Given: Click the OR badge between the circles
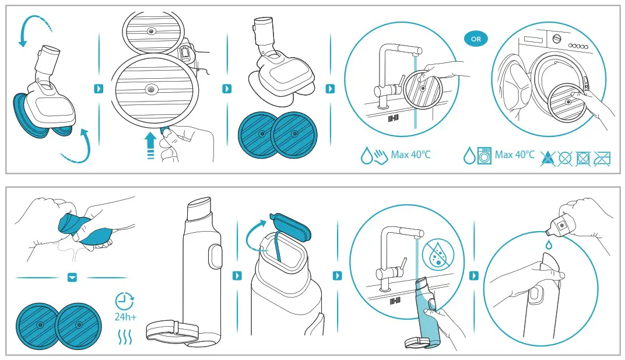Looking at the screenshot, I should [x=476, y=39].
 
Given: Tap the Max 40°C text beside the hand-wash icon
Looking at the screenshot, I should [x=410, y=155].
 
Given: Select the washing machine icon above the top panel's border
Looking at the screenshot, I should [x=484, y=156].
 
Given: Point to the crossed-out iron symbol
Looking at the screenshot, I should [x=601, y=157].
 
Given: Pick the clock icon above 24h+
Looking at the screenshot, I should [x=124, y=301].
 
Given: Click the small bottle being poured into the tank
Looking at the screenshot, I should [x=561, y=222].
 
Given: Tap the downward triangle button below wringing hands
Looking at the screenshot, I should [x=72, y=277].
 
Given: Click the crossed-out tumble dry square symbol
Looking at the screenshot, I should [x=582, y=157].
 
